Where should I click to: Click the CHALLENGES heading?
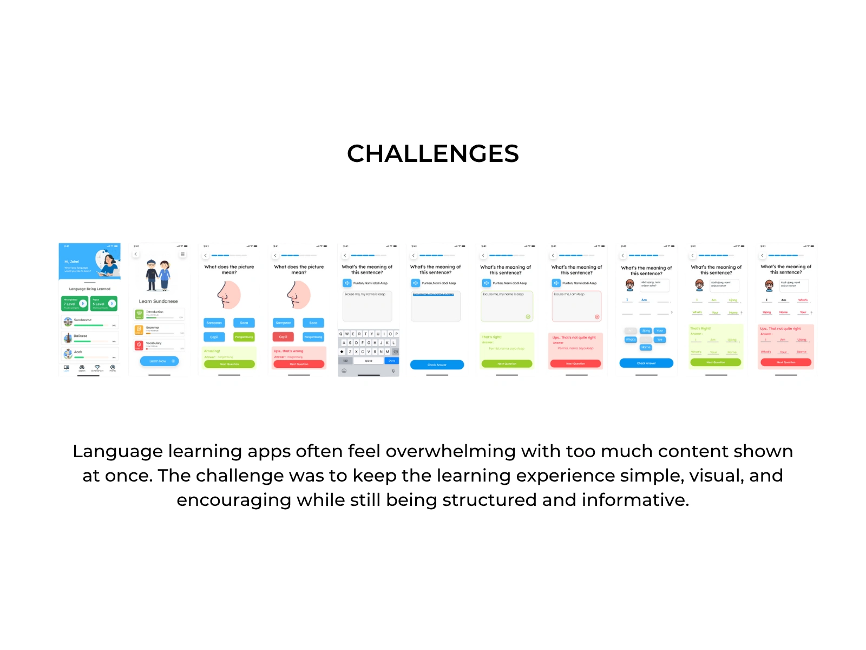tap(433, 154)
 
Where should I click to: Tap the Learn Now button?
tap(159, 361)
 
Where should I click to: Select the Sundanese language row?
tap(90, 322)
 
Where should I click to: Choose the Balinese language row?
tap(90, 338)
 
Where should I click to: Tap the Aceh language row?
tap(90, 354)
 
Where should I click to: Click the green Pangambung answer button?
tap(244, 337)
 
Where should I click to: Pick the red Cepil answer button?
tap(283, 337)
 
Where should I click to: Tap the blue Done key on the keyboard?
tap(392, 361)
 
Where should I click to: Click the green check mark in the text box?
tap(528, 317)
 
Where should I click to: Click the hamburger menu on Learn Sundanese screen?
tap(183, 254)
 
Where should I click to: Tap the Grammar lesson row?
tap(159, 329)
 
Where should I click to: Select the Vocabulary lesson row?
tap(159, 345)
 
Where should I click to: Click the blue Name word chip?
tap(646, 347)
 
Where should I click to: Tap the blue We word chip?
tap(660, 340)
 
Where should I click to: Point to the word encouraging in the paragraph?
tap(234, 500)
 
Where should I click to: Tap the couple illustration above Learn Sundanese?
tap(159, 275)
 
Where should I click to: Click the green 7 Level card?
tap(75, 303)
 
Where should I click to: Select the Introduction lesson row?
tap(159, 314)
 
